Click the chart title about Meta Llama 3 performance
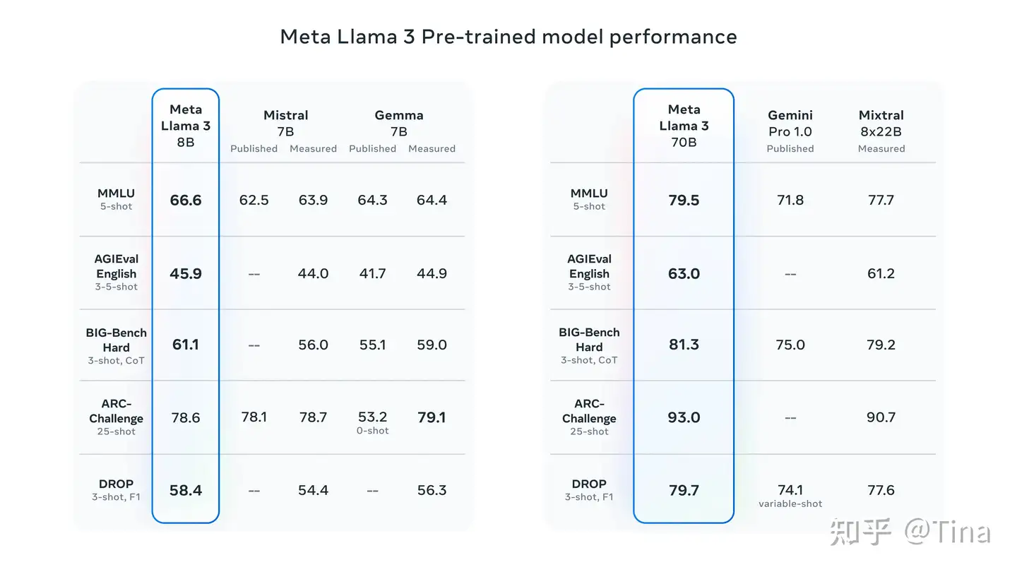pyautogui.click(x=508, y=37)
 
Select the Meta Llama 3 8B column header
pyautogui.click(x=186, y=126)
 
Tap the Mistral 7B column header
pyautogui.click(x=285, y=123)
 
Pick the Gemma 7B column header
pyautogui.click(x=399, y=123)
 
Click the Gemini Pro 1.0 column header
pyautogui.click(x=790, y=123)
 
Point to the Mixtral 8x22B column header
pyautogui.click(x=881, y=123)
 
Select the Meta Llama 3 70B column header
pyautogui.click(x=684, y=126)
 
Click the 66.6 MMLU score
pyautogui.click(x=186, y=201)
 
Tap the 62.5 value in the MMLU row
pyautogui.click(x=254, y=201)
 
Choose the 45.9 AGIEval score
pyautogui.click(x=186, y=274)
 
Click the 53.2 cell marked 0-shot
pyautogui.click(x=372, y=422)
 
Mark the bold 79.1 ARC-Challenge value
pyautogui.click(x=432, y=417)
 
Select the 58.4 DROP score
pyautogui.click(x=186, y=490)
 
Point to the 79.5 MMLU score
pyautogui.click(x=684, y=201)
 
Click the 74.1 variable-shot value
pyautogui.click(x=790, y=495)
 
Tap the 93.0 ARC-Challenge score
pyautogui.click(x=684, y=417)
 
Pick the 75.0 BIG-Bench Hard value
pyautogui.click(x=790, y=345)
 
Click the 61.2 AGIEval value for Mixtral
pyautogui.click(x=881, y=274)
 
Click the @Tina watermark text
pyautogui.click(x=947, y=532)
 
